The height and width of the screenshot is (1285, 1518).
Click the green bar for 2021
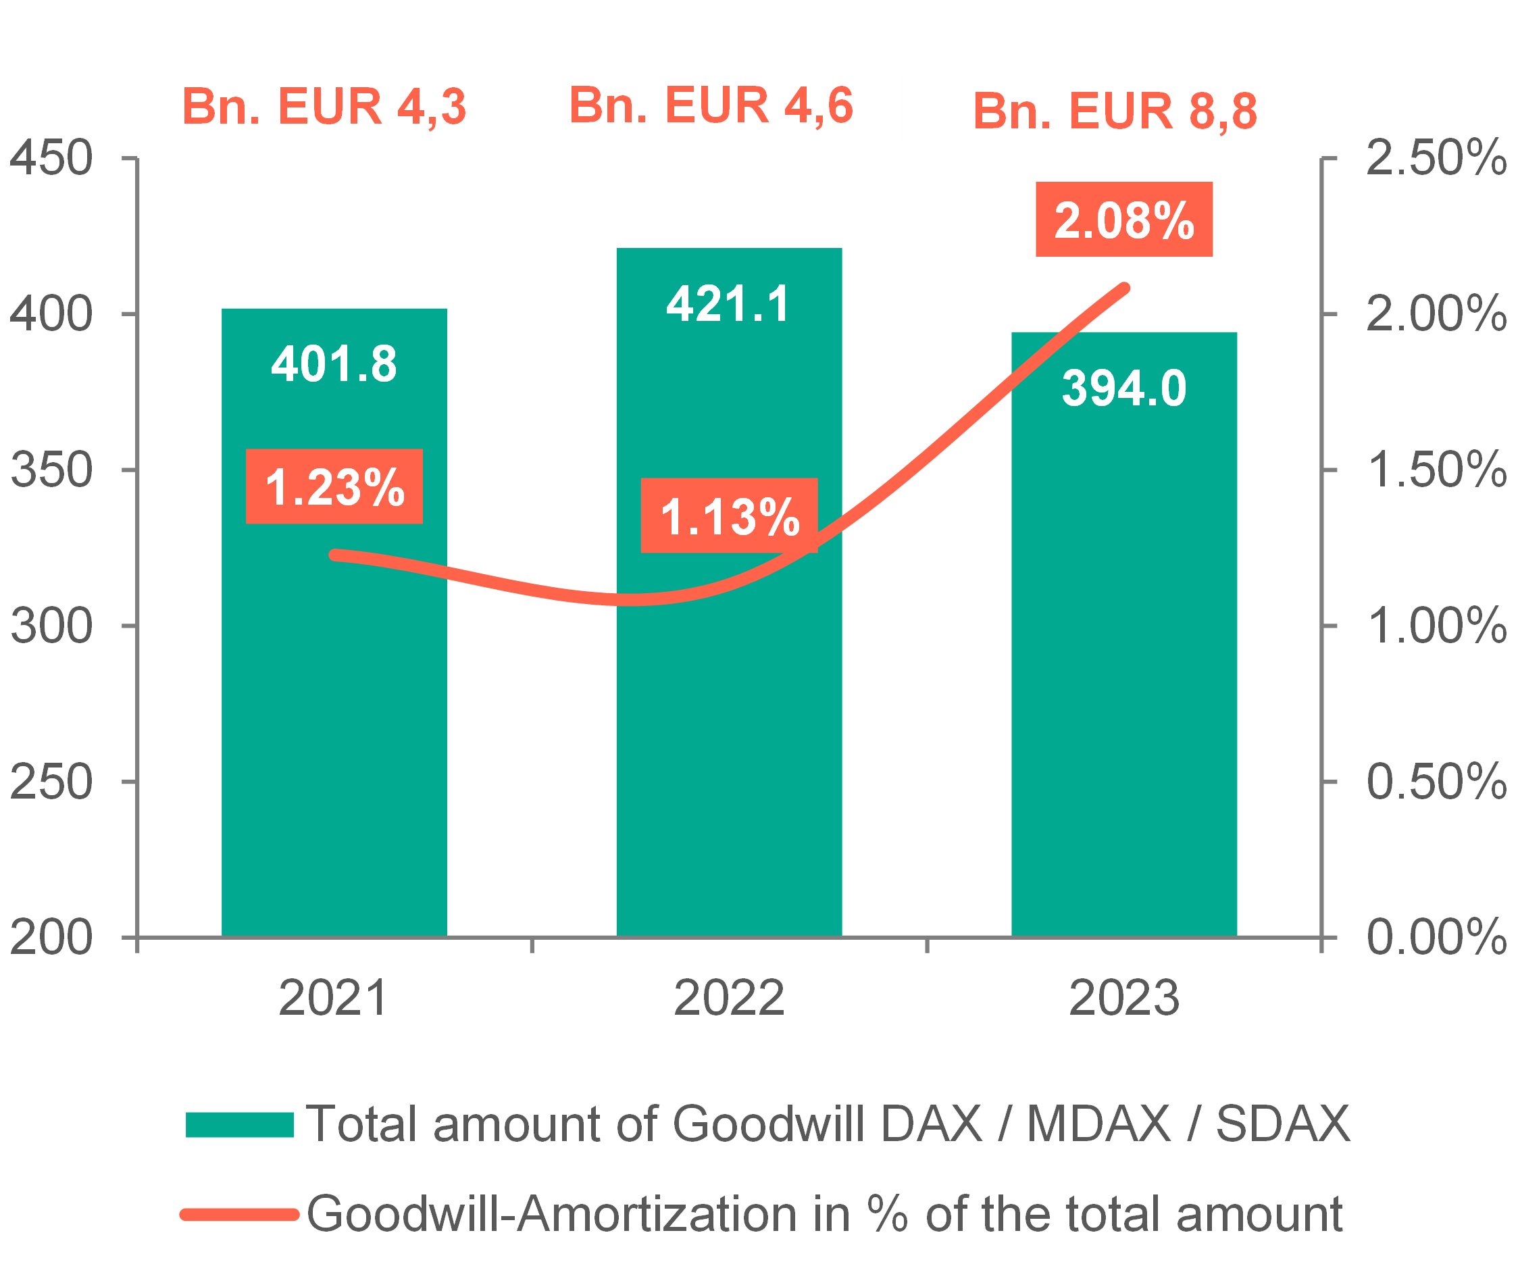click(334, 728)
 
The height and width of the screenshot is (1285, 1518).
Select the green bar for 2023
click(1124, 728)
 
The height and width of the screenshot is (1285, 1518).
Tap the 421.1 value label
click(728, 303)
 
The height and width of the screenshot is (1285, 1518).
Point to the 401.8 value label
click(334, 363)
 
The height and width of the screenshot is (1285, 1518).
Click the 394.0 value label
click(1124, 388)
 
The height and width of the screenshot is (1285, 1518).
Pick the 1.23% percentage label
click(334, 486)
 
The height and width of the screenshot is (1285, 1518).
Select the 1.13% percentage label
click(729, 515)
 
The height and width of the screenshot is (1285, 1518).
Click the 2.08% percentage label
click(1124, 220)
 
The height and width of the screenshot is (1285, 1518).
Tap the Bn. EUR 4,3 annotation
click(325, 106)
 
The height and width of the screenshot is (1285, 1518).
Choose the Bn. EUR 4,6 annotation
click(711, 105)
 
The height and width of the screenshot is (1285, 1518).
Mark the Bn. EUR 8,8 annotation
click(1115, 111)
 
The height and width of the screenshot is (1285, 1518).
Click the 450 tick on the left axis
click(51, 157)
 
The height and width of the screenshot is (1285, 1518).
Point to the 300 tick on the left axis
click(51, 625)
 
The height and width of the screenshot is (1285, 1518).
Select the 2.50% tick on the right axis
click(1435, 157)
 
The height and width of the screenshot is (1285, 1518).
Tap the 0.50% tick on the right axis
click(1435, 781)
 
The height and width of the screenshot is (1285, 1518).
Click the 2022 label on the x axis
click(728, 997)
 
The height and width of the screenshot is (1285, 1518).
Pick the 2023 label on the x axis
click(1123, 997)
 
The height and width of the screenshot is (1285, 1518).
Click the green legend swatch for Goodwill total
click(240, 1124)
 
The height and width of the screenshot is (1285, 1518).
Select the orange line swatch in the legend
click(240, 1214)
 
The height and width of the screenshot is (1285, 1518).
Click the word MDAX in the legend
click(1098, 1124)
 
